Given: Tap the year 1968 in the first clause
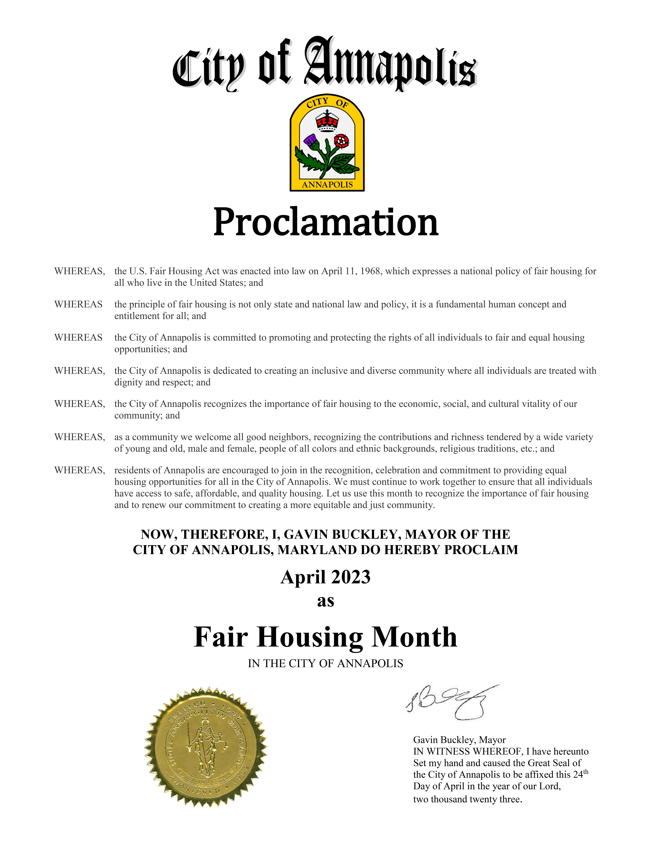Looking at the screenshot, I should (370, 271).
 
